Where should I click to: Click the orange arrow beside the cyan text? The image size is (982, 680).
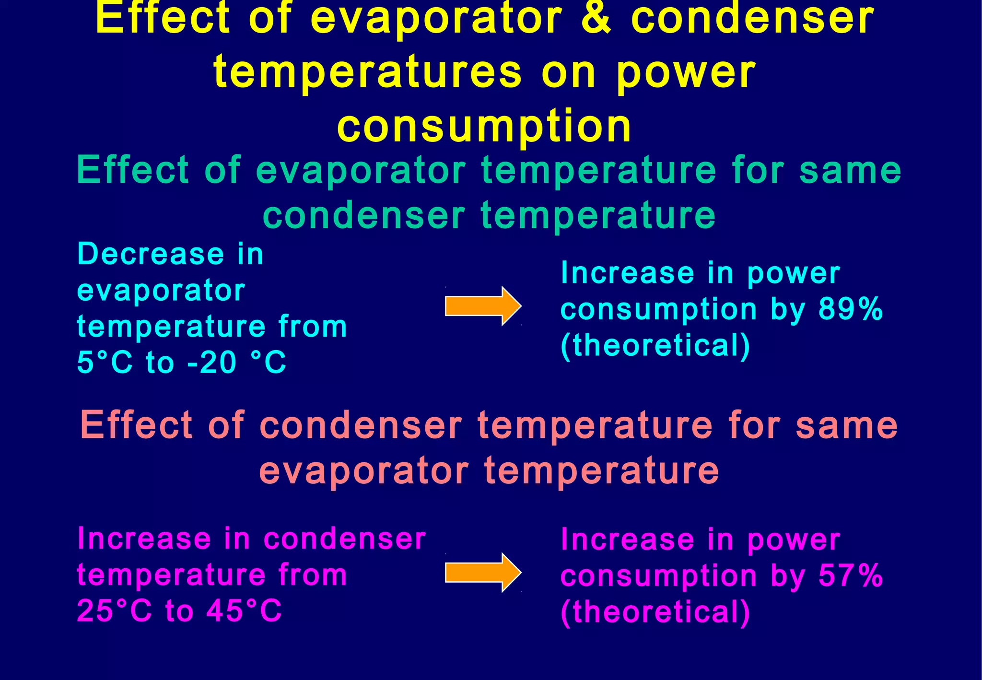coord(482,306)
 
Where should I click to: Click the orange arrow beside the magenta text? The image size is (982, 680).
coord(482,572)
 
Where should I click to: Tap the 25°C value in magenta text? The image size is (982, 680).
coord(114,610)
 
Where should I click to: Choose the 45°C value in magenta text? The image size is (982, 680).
coord(244,610)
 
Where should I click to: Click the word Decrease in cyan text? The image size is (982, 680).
coord(150,254)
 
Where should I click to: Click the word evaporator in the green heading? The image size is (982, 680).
coord(361,171)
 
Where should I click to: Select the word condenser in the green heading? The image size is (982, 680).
coord(364,215)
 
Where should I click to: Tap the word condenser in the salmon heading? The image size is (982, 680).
coord(361,425)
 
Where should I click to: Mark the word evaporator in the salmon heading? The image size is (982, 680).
coord(363,470)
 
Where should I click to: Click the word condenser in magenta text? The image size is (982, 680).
coord(344,539)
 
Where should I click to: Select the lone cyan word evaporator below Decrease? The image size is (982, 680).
coord(161,291)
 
